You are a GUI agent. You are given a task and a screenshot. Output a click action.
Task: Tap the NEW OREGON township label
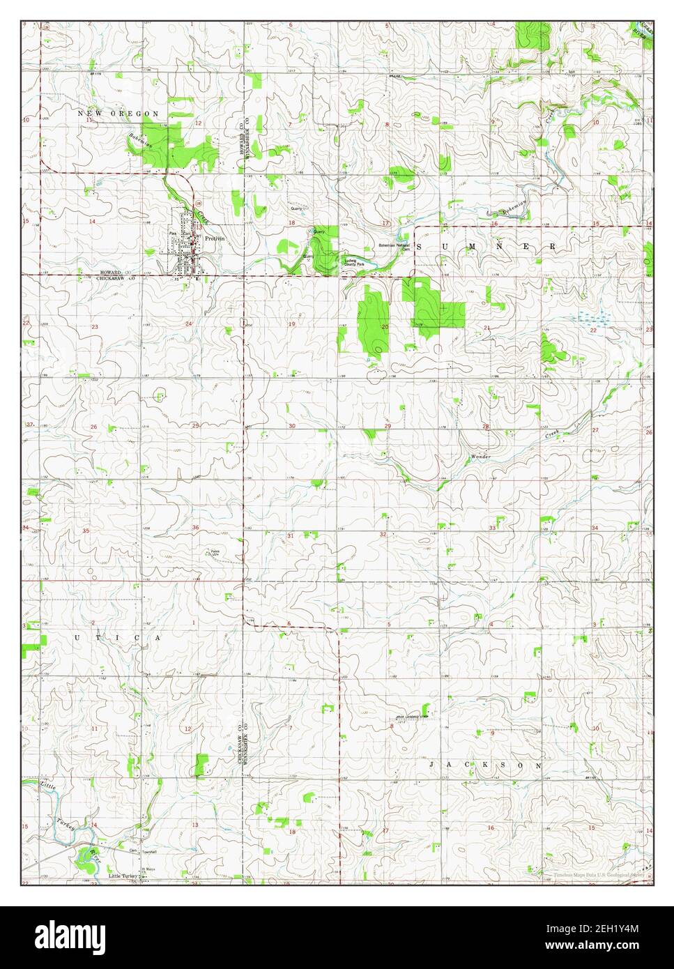click(118, 113)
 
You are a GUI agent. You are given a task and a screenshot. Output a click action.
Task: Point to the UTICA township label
click(118, 638)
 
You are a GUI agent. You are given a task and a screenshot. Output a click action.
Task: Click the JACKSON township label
click(485, 765)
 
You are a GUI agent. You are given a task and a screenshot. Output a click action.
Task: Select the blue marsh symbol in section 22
click(590, 317)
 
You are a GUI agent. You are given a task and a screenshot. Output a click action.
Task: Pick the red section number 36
click(195, 527)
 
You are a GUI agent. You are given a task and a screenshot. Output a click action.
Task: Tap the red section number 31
click(290, 535)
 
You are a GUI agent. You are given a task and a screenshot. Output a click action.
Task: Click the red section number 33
click(492, 528)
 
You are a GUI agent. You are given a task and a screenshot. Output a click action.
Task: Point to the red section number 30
click(292, 426)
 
